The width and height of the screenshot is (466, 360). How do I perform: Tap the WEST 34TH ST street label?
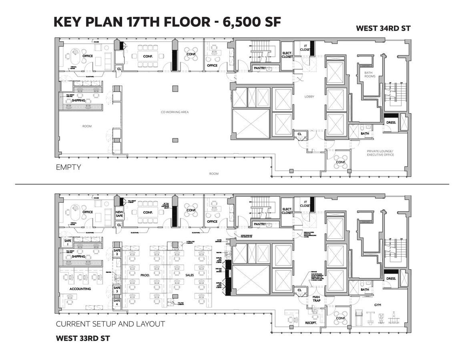(x=383, y=28)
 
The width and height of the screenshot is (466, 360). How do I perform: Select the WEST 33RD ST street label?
(x=83, y=338)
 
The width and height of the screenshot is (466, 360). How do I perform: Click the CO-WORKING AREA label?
(x=175, y=112)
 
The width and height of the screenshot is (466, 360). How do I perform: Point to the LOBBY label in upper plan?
(x=309, y=97)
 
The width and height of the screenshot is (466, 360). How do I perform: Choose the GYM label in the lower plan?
(x=378, y=305)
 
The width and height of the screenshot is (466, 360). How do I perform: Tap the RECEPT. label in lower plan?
(x=311, y=322)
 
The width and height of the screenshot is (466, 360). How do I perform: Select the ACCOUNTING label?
(x=80, y=288)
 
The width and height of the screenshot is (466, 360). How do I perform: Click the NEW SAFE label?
(x=119, y=214)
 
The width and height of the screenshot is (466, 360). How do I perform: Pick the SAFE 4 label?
(x=117, y=302)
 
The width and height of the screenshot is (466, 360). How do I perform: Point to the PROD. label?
(x=145, y=276)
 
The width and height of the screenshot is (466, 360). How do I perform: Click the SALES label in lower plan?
(x=190, y=276)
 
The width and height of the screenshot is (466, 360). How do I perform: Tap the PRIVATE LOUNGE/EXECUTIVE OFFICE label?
(x=380, y=153)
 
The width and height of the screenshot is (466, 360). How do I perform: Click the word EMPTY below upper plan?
(x=68, y=167)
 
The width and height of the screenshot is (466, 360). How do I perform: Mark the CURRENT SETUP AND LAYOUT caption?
(x=110, y=324)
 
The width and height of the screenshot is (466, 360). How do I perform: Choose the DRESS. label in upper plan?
(x=391, y=123)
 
